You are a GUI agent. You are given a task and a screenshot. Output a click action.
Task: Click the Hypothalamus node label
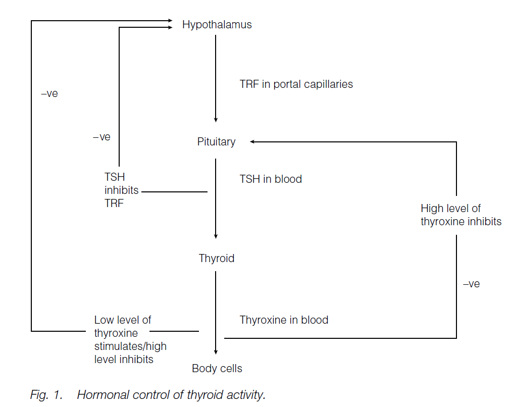click(217, 25)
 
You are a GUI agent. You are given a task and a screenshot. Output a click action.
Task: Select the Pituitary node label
click(216, 142)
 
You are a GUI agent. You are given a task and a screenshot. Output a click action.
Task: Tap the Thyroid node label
click(216, 259)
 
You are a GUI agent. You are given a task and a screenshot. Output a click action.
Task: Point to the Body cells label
click(217, 369)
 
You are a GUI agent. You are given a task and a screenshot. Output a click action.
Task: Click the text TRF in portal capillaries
click(296, 84)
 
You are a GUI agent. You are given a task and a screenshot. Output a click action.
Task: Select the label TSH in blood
click(271, 179)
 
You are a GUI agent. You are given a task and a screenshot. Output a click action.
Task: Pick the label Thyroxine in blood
click(284, 320)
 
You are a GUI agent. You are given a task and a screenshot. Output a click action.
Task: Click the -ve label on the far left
click(49, 94)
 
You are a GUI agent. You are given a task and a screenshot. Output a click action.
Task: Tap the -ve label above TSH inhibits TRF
click(101, 137)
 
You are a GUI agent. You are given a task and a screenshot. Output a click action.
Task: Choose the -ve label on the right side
click(471, 284)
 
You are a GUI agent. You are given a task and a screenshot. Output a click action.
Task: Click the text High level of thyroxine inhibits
click(461, 215)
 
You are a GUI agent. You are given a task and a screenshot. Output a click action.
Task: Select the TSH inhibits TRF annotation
click(121, 190)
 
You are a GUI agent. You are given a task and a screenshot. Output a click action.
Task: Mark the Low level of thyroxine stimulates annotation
click(130, 340)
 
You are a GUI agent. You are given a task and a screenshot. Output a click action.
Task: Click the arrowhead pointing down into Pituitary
click(216, 120)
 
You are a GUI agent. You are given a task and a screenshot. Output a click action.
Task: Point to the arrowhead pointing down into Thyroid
click(216, 236)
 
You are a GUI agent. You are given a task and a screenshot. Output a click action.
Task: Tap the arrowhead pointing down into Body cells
click(216, 352)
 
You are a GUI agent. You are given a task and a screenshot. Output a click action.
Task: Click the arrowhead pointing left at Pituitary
click(252, 142)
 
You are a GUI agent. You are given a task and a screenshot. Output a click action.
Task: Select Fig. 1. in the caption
click(46, 395)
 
